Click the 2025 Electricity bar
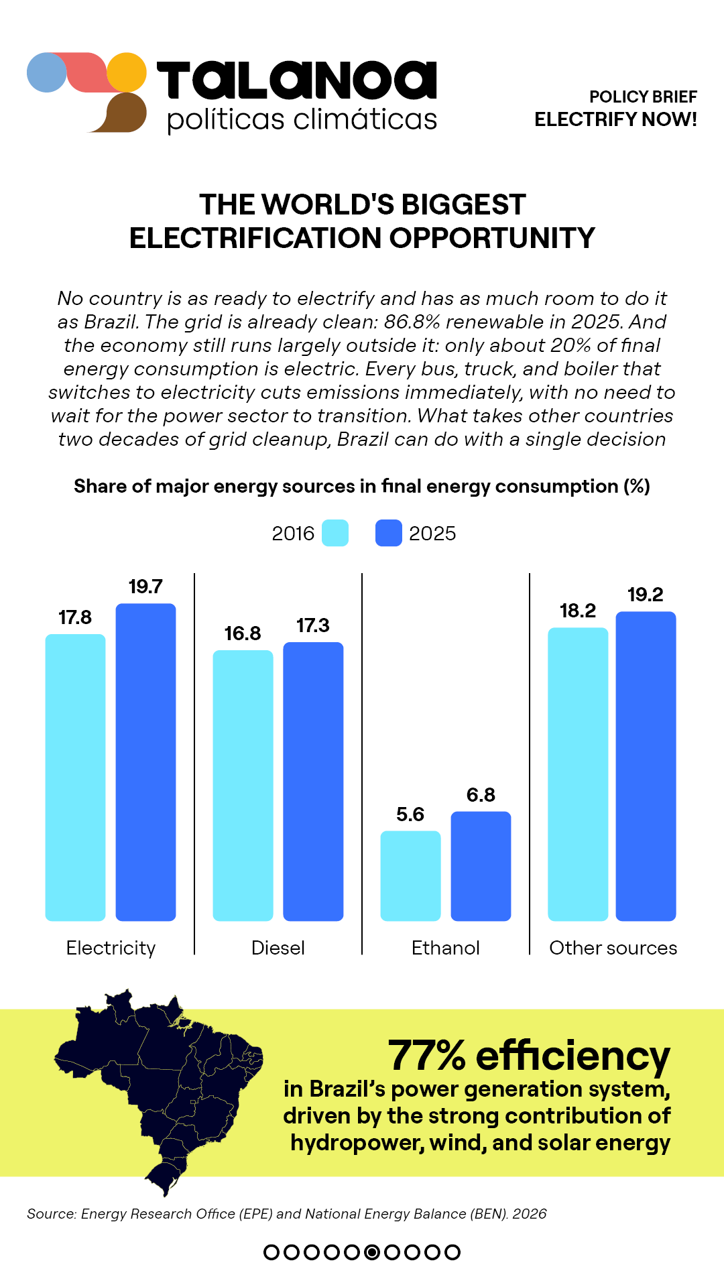pyautogui.click(x=145, y=762)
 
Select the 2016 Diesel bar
pyautogui.click(x=243, y=786)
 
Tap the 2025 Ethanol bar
pyautogui.click(x=481, y=866)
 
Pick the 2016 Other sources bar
pyautogui.click(x=578, y=774)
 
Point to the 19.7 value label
pyautogui.click(x=145, y=587)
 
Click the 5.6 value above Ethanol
pyautogui.click(x=410, y=814)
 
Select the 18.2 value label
pyautogui.click(x=578, y=611)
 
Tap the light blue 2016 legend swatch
pyautogui.click(x=335, y=533)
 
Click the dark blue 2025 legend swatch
pyautogui.click(x=389, y=533)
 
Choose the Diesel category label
pyautogui.click(x=278, y=948)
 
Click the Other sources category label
pyautogui.click(x=613, y=948)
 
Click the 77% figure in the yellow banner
pyautogui.click(x=427, y=1056)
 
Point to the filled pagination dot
pyautogui.click(x=372, y=1252)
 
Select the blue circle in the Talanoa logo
pyautogui.click(x=47, y=72)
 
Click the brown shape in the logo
pyautogui.click(x=121, y=113)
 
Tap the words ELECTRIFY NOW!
pyautogui.click(x=616, y=119)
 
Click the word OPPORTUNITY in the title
pyautogui.click(x=493, y=238)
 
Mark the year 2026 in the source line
pyautogui.click(x=530, y=1214)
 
